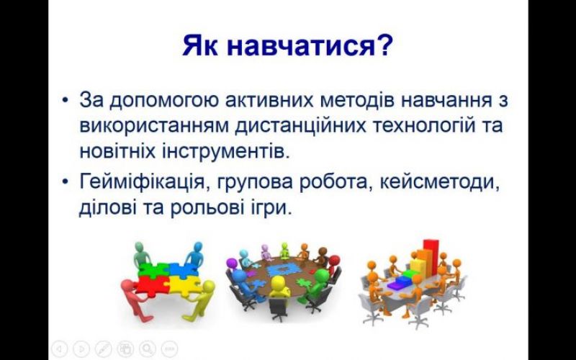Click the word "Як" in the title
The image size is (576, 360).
[x=199, y=45]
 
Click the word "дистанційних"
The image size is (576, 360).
[x=300, y=126]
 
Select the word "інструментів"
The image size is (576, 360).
[x=223, y=151]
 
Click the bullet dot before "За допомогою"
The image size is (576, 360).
[x=66, y=100]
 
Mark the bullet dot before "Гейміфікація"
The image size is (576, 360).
[x=66, y=181]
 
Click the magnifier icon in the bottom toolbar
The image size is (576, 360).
[x=147, y=348]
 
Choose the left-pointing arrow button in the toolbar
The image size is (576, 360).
[x=60, y=348]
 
